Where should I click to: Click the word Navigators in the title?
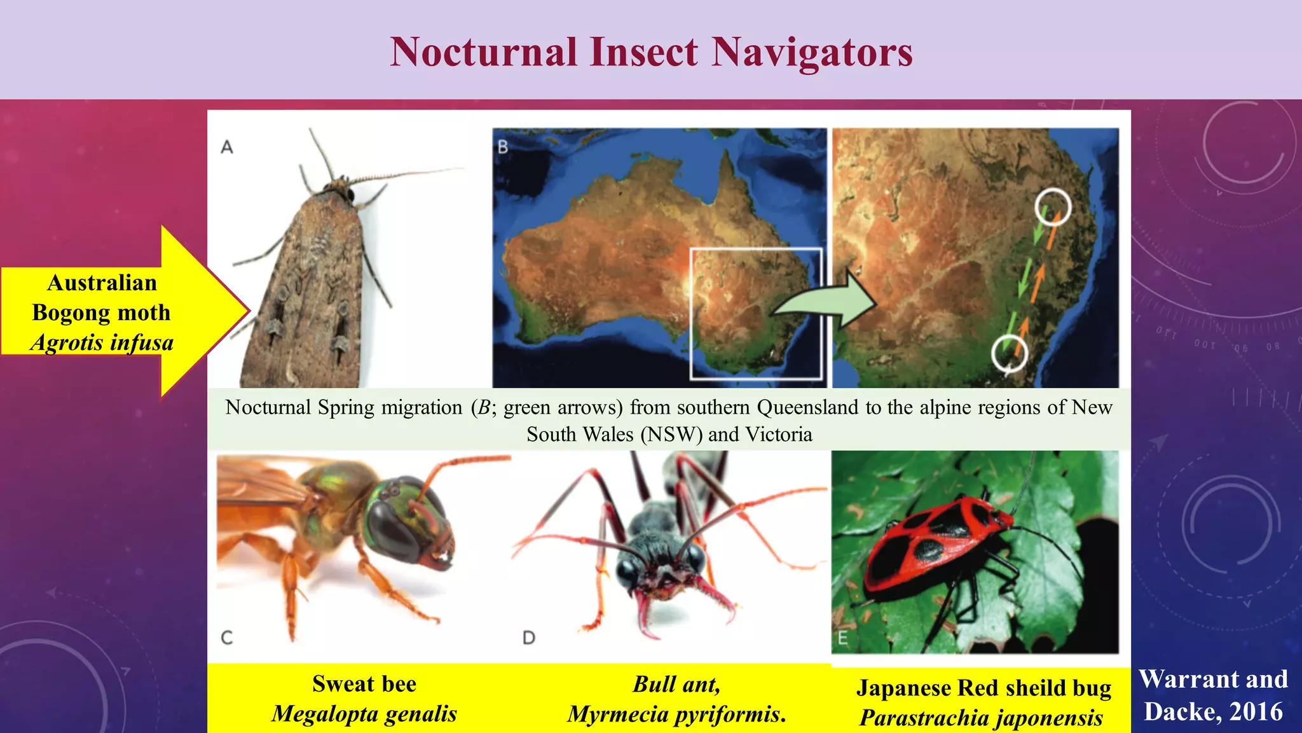pyautogui.click(x=812, y=52)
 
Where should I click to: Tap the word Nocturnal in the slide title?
pyautogui.click(x=484, y=52)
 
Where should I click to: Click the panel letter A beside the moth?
pyautogui.click(x=227, y=148)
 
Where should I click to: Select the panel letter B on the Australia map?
pyautogui.click(x=503, y=147)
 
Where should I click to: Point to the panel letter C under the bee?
pyautogui.click(x=226, y=637)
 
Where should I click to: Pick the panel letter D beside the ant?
pyautogui.click(x=529, y=637)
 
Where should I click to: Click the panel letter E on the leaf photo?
pyautogui.click(x=843, y=638)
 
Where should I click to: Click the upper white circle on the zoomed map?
pyautogui.click(x=1053, y=207)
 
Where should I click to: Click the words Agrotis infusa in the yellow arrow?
pyautogui.click(x=102, y=343)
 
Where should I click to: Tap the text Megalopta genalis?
pyautogui.click(x=364, y=714)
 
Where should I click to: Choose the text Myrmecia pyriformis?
pyautogui.click(x=677, y=715)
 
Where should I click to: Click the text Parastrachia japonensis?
pyautogui.click(x=981, y=718)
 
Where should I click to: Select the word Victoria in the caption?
pyautogui.click(x=779, y=435)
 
